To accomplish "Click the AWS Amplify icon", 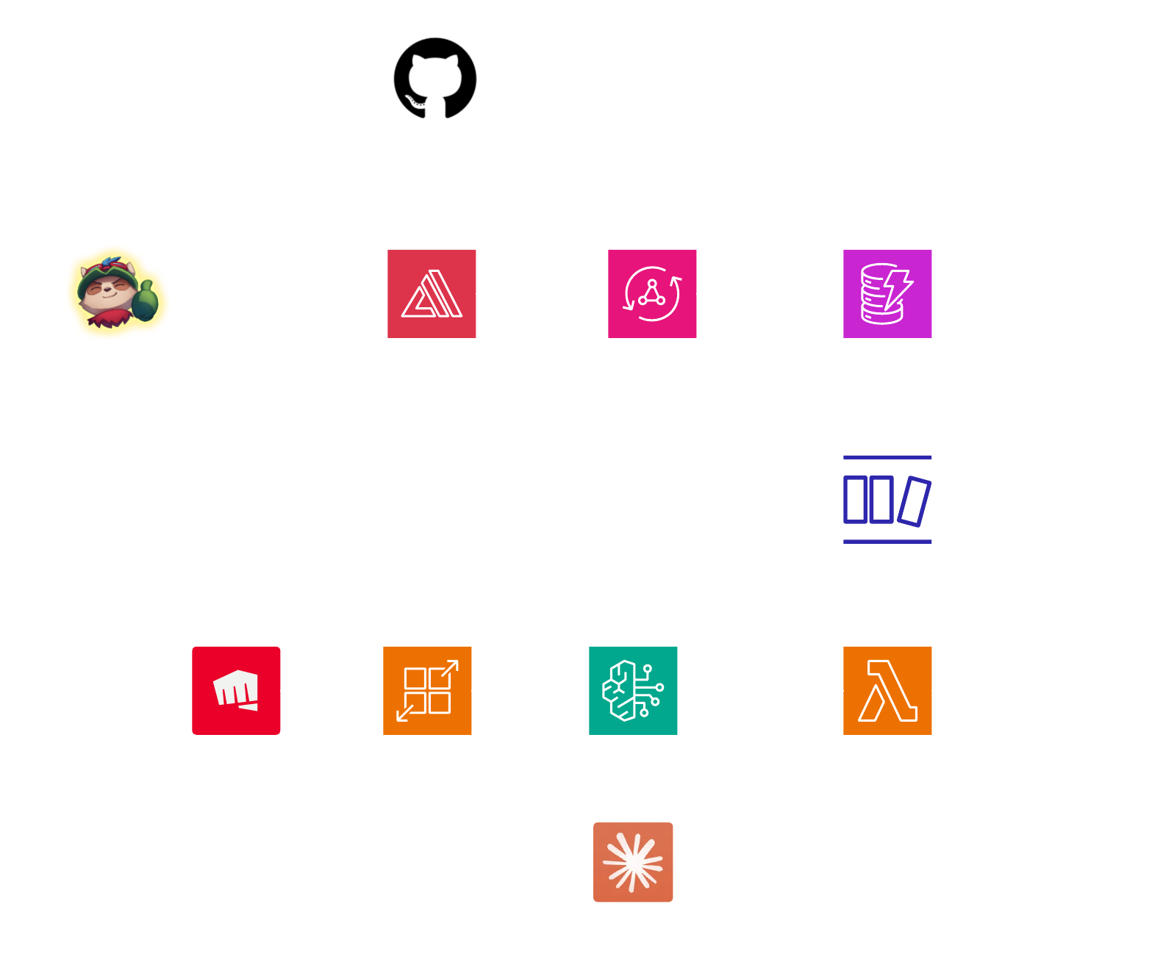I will tap(432, 293).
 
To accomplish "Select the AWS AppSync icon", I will tap(652, 293).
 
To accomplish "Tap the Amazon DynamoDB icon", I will tap(887, 293).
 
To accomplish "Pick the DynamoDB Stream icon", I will tap(887, 500).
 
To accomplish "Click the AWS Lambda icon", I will tap(887, 690).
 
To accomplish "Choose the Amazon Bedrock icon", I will tap(633, 690).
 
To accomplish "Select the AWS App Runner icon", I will tap(427, 690).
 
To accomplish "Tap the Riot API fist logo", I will tap(236, 690).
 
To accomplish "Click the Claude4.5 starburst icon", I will tap(633, 862).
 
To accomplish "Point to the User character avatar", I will tap(118, 293).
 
